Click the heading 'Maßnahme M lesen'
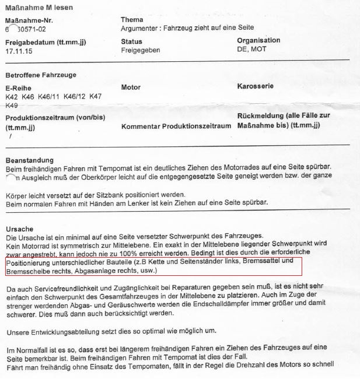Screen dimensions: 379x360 [34, 6]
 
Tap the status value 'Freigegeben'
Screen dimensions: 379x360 [140, 51]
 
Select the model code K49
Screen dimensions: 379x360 [11, 106]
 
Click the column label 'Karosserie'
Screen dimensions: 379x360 [256, 87]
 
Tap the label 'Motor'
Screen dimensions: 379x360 [131, 87]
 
